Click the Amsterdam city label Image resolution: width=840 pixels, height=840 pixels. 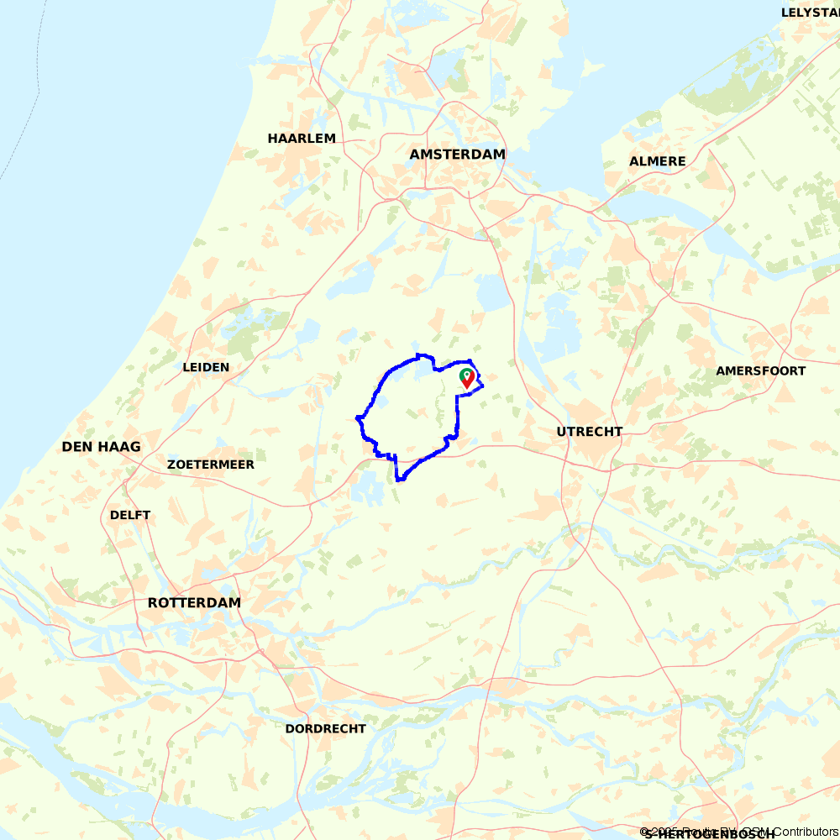click(457, 155)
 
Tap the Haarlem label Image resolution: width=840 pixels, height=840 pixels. click(302, 139)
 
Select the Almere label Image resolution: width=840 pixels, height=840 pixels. click(657, 161)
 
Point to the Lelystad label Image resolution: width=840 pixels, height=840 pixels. click(810, 13)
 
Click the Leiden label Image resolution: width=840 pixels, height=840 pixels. click(206, 367)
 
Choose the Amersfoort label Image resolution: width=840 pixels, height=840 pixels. click(760, 371)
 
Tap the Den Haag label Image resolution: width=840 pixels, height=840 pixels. click(101, 447)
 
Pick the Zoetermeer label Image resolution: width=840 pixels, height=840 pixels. click(210, 465)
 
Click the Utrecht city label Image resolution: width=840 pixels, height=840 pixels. click(589, 432)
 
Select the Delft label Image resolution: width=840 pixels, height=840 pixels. click(130, 515)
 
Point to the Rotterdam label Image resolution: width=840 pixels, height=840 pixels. click(194, 603)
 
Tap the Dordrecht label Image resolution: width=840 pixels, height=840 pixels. click(325, 728)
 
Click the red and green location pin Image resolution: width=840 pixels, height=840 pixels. click(467, 378)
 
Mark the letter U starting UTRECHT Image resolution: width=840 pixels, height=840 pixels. click(561, 432)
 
